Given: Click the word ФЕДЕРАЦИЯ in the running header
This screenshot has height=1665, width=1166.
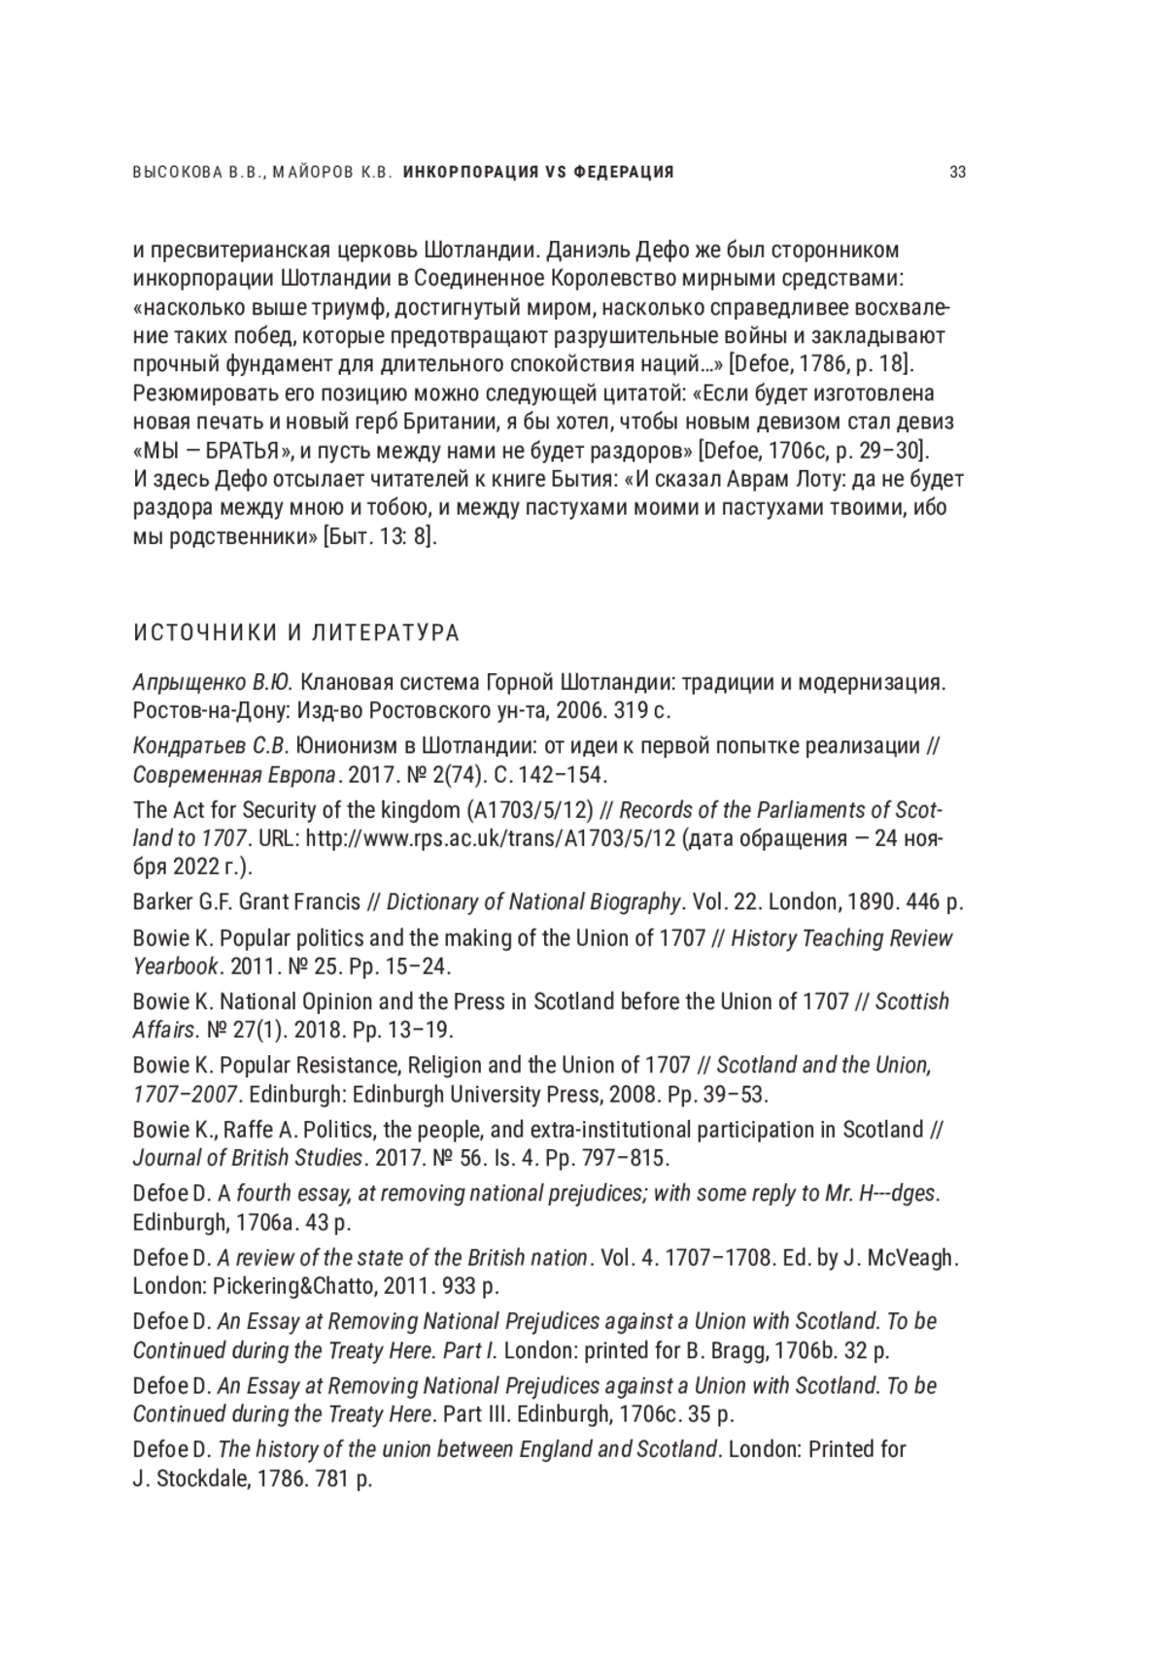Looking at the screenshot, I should tap(625, 173).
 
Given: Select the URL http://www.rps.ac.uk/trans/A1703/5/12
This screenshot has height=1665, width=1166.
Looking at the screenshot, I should tap(491, 838).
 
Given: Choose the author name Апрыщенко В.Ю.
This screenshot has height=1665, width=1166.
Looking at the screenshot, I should tap(213, 682).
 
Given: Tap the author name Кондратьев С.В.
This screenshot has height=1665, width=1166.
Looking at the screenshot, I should tap(211, 746).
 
